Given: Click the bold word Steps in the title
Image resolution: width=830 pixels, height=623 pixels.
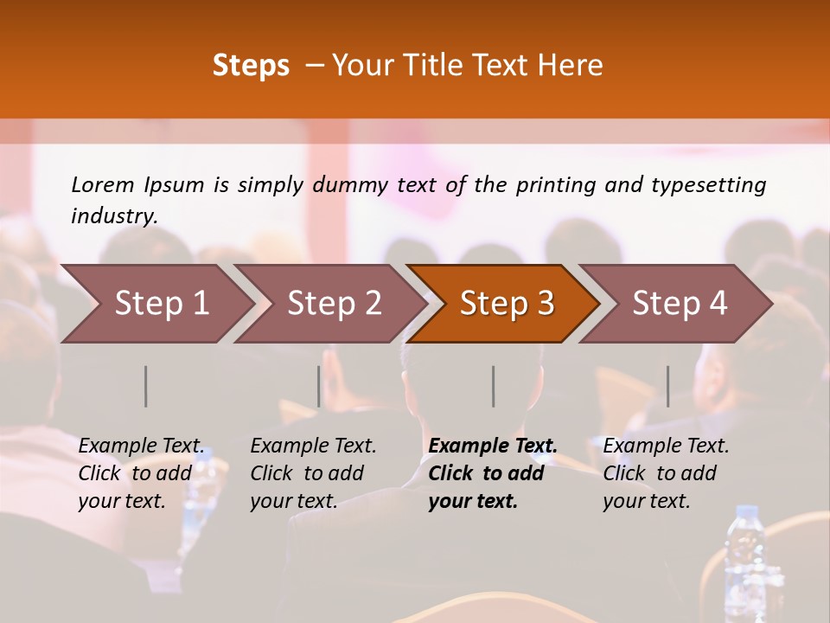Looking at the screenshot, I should click(251, 66).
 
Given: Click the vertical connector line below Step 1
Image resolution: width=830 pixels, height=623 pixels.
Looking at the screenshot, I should click(146, 386).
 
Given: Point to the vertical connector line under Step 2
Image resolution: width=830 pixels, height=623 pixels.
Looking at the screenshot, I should click(319, 386).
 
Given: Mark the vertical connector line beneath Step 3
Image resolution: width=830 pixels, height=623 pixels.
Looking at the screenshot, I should click(494, 386).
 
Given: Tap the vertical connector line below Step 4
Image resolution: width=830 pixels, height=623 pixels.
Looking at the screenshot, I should click(668, 386).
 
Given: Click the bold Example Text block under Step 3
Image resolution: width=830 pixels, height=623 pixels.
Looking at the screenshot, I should click(493, 473).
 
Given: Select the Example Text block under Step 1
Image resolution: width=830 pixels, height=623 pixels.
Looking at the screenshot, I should click(141, 473).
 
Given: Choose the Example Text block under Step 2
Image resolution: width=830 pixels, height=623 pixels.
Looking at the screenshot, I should click(313, 473).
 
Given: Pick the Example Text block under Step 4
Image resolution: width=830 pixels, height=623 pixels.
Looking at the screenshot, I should click(666, 473).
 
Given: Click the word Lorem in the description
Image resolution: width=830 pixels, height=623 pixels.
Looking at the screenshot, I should click(102, 184).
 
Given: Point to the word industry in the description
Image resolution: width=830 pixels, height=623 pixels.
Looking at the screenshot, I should click(114, 216).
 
